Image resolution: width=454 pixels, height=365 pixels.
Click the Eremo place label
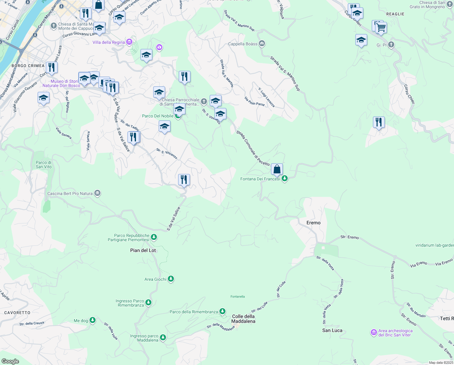click(x=313, y=223)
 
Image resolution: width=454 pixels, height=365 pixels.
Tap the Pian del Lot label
click(x=143, y=250)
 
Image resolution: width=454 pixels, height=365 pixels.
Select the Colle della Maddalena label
click(x=243, y=319)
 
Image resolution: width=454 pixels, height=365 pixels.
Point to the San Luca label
click(x=332, y=330)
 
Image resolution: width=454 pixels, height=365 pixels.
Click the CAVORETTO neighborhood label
click(x=17, y=313)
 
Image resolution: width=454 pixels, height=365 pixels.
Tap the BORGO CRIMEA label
click(x=28, y=66)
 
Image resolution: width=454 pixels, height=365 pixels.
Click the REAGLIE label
click(x=395, y=14)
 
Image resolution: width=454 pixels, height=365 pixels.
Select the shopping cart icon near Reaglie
click(x=381, y=28)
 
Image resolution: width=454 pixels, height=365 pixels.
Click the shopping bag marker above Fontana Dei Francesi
click(x=277, y=169)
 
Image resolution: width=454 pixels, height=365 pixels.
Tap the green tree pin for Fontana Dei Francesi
click(x=284, y=179)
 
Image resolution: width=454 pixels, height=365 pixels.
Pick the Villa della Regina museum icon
click(x=129, y=42)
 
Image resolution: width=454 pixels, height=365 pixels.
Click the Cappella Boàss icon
click(x=262, y=44)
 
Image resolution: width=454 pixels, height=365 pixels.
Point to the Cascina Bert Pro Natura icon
click(x=97, y=193)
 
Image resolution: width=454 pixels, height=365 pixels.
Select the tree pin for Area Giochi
click(x=171, y=279)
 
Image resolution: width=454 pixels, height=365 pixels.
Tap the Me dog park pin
click(x=93, y=320)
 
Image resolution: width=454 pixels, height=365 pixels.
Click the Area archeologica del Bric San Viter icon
click(x=374, y=332)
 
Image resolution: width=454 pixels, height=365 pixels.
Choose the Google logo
click(x=10, y=361)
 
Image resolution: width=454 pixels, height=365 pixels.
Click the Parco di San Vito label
click(x=44, y=165)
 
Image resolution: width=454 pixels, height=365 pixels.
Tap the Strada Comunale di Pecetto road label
click(x=253, y=148)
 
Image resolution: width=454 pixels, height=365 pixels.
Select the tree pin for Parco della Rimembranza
click(x=222, y=311)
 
